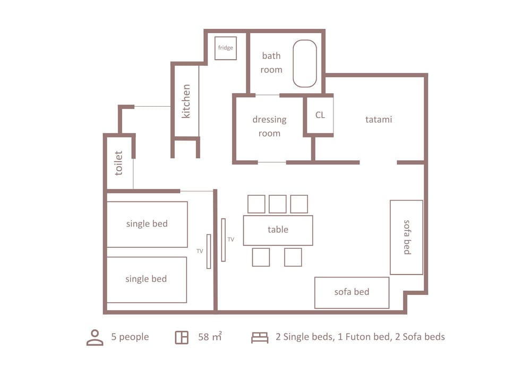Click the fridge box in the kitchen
pos(226,48)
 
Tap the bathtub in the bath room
pos(305,64)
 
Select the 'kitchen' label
pos(186,101)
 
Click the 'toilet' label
pos(118,163)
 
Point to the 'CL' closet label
pos(320,115)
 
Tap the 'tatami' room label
pos(379,119)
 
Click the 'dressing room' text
pos(270,126)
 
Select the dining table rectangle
pos(278,230)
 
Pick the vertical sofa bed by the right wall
pos(406,237)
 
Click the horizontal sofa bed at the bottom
pos(352,293)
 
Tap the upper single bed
pos(147,224)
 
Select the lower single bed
pos(147,280)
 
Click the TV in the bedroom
pos(209,251)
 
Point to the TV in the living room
pos(223,240)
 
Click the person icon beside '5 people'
pos(95,337)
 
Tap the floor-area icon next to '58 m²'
pos(182,337)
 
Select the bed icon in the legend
pos(260,337)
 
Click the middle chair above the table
pos(278,204)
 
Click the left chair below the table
pos(261,257)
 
